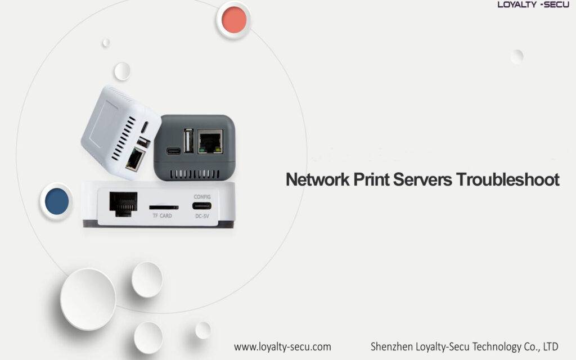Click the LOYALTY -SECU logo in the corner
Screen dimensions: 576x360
(x=533, y=4)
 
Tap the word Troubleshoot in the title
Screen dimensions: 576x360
(x=508, y=179)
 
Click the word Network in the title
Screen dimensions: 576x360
(x=318, y=179)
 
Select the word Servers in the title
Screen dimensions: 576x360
(x=422, y=179)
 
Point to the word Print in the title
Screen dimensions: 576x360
(x=371, y=179)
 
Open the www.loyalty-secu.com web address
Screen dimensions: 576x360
(x=282, y=346)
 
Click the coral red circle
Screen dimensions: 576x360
(x=234, y=20)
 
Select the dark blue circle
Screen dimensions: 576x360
(x=57, y=201)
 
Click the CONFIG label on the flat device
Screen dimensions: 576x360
(x=202, y=197)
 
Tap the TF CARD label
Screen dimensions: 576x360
(x=163, y=215)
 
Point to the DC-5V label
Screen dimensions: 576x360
(x=202, y=216)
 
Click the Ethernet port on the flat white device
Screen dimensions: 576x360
(x=123, y=204)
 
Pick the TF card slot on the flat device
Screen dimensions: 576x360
(x=164, y=208)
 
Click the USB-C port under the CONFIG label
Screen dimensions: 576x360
(x=202, y=206)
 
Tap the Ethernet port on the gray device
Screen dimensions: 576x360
(x=210, y=141)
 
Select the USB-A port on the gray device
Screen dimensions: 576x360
(x=188, y=140)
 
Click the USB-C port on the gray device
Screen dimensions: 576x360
(x=173, y=151)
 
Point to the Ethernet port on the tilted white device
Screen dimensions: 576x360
(x=135, y=159)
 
